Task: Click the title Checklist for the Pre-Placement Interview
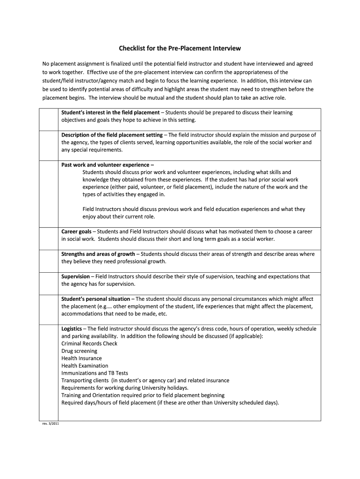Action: pyautogui.click(x=180, y=48)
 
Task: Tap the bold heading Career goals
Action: pyautogui.click(x=76, y=232)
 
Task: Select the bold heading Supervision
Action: pyautogui.click(x=75, y=276)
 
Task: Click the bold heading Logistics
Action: pyautogui.click(x=72, y=329)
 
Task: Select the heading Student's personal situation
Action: pyautogui.click(x=96, y=299)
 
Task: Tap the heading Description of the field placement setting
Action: pyautogui.click(x=112, y=135)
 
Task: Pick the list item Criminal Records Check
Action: pyautogui.click(x=89, y=343)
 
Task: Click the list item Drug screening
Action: pyautogui.click(x=79, y=351)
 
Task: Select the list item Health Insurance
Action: pyautogui.click(x=81, y=358)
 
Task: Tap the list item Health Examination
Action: pyautogui.click(x=85, y=366)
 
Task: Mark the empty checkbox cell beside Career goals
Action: pyautogui.click(x=49, y=238)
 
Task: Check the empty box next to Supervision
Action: pyautogui.click(x=49, y=283)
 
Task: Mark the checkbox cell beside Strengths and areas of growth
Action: pyautogui.click(x=49, y=260)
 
